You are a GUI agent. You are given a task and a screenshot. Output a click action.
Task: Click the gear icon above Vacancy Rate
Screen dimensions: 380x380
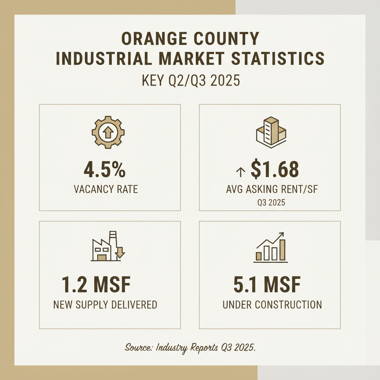[x=108, y=132]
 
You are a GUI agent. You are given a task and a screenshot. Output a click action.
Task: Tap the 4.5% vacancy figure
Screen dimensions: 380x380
[x=104, y=169]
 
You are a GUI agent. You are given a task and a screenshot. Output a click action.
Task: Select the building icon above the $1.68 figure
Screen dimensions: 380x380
[x=272, y=132]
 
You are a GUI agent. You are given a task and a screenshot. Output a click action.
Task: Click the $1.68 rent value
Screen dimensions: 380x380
[x=275, y=169]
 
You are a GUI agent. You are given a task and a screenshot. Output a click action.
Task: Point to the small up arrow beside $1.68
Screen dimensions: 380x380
[x=240, y=171]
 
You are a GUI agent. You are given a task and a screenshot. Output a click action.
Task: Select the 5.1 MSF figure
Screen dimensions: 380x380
[x=267, y=285]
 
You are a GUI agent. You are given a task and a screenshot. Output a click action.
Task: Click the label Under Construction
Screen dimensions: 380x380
[x=272, y=305]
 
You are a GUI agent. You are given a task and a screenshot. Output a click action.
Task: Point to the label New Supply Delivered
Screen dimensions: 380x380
[x=105, y=305]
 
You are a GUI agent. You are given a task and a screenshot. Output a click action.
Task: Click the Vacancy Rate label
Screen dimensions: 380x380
[x=106, y=189]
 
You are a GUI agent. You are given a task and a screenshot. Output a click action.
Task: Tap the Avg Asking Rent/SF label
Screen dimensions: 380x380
[x=272, y=189]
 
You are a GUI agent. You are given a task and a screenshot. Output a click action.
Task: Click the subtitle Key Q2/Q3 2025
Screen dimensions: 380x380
[x=190, y=81]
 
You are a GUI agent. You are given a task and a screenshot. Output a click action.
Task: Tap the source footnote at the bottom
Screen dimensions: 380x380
[x=190, y=348]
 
